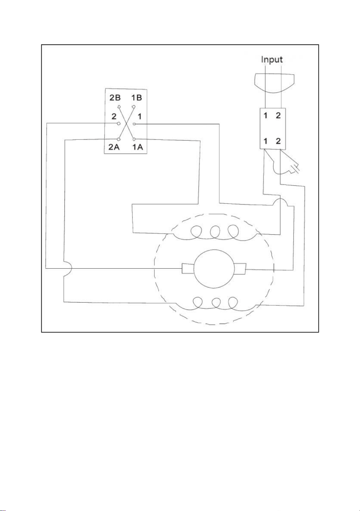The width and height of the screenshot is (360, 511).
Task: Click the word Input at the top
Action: click(x=272, y=60)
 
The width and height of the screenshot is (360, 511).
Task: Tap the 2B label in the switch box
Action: click(x=115, y=98)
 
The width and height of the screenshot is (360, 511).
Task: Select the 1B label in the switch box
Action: click(x=137, y=98)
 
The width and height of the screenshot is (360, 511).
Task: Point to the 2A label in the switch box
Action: click(x=114, y=147)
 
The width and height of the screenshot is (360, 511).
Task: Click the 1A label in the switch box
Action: click(x=138, y=147)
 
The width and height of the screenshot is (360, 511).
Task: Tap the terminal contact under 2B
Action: click(x=119, y=107)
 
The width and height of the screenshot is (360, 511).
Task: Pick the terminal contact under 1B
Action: click(x=134, y=107)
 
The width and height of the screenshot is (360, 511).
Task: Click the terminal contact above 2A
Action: click(x=118, y=139)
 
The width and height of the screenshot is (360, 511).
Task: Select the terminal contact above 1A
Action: click(x=134, y=139)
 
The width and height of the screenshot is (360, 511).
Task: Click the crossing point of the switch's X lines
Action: click(x=127, y=123)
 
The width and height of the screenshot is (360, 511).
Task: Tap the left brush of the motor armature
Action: click(x=188, y=268)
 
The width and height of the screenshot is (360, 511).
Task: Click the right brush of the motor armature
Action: click(x=240, y=268)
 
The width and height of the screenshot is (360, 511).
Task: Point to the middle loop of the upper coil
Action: click(x=215, y=232)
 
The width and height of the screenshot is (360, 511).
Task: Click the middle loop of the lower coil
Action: click(x=216, y=303)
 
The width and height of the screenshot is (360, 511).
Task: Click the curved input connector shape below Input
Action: click(x=274, y=83)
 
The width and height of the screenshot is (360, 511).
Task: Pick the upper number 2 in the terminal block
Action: click(x=278, y=115)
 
